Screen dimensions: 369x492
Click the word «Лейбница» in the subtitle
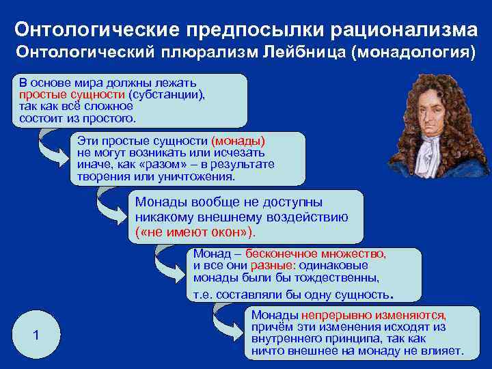click(x=301, y=53)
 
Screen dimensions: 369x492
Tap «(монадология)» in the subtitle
click(x=413, y=53)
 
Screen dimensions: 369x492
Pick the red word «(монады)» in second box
click(x=238, y=141)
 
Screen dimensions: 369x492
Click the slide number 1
click(x=36, y=336)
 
